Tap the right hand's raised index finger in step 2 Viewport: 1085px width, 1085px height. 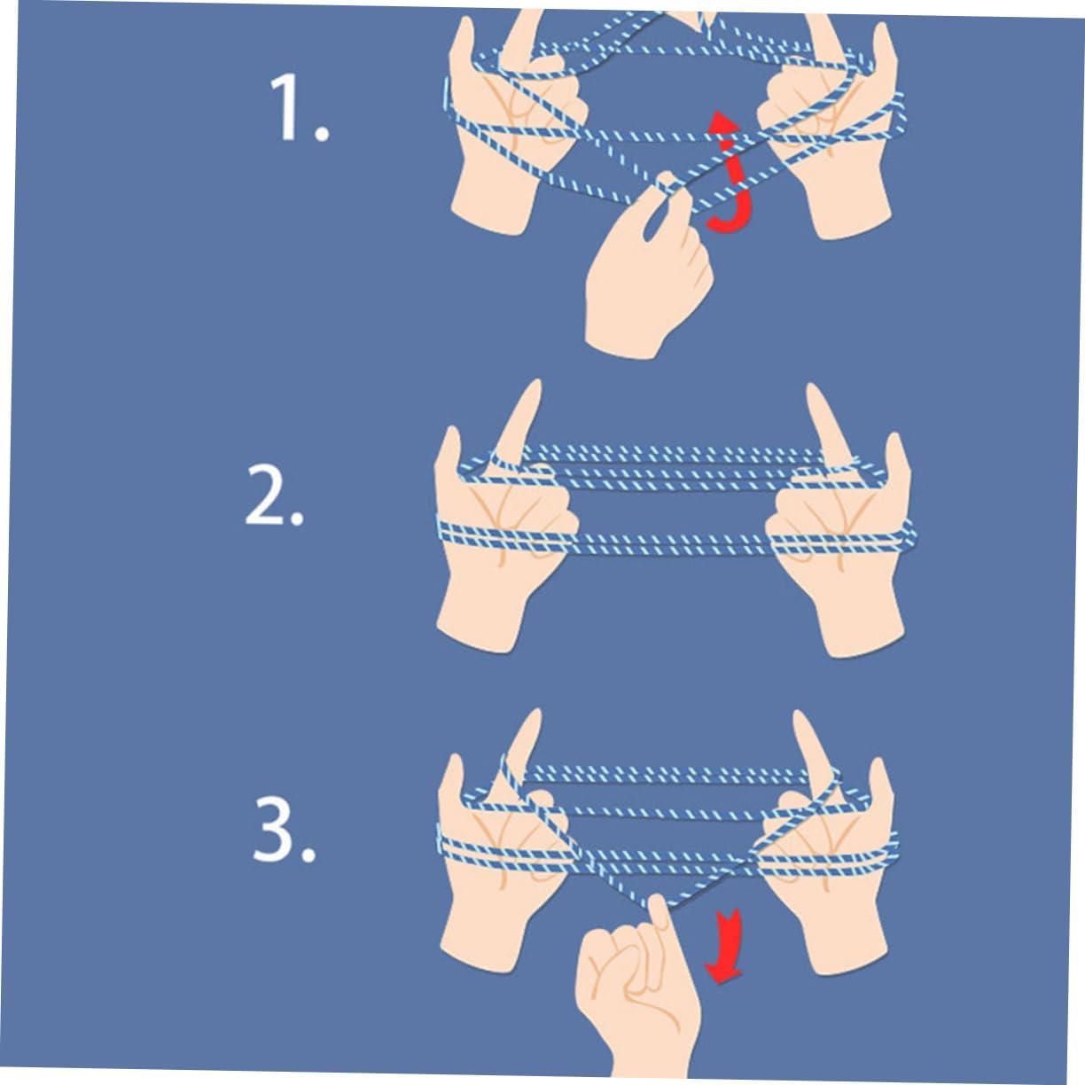(826, 428)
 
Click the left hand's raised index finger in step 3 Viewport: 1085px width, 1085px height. (521, 754)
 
